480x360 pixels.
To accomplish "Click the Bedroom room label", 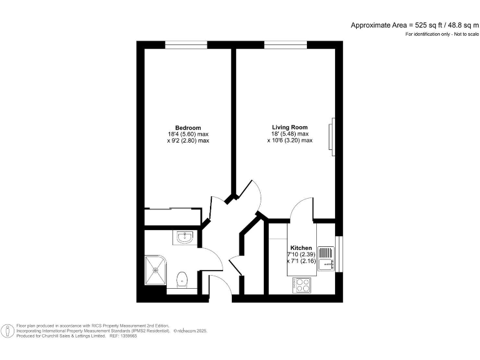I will [x=187, y=127].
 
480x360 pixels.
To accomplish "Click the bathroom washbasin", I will [x=186, y=238].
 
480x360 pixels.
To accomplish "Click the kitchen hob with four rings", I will [x=303, y=284].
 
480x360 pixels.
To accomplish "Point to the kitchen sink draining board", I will [x=326, y=253].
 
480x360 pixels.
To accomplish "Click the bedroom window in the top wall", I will [x=186, y=44].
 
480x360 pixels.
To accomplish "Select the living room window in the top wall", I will [x=285, y=44].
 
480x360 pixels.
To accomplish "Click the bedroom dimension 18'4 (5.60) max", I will [x=187, y=134].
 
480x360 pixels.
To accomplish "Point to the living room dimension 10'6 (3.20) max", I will [x=289, y=141].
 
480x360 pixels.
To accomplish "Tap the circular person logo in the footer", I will [x=7, y=331].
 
